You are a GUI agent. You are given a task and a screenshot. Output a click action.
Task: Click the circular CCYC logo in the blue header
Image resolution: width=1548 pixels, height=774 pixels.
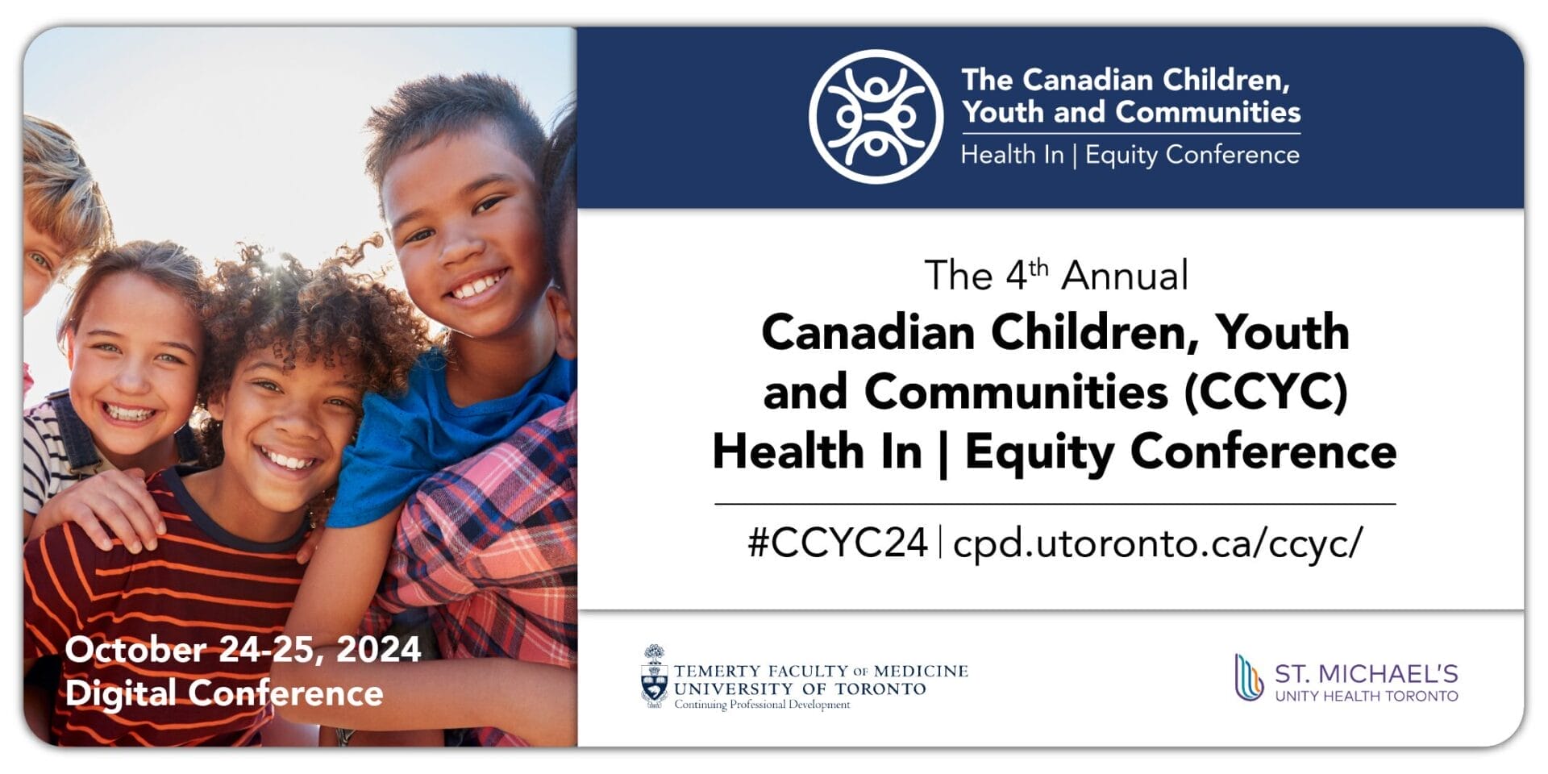876,117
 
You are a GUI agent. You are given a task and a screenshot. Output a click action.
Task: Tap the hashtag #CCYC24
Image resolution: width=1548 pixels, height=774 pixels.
837,543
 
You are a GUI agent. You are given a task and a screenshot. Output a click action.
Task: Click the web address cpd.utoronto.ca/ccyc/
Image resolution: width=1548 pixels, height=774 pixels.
1158,543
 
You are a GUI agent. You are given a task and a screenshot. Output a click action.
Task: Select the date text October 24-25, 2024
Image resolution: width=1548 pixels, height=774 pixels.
243,650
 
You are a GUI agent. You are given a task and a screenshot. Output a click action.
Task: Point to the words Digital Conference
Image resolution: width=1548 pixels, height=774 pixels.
224,693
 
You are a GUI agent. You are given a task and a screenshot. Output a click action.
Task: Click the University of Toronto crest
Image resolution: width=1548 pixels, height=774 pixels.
654,677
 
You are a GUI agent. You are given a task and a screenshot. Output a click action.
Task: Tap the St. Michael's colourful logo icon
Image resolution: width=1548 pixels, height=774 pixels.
1248,677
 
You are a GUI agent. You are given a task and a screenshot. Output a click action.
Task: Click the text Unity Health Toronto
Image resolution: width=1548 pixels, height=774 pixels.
1366,696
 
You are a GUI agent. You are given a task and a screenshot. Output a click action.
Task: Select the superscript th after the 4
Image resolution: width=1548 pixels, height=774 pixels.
1039,267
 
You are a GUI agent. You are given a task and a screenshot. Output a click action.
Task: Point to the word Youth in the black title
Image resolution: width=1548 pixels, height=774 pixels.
1282,332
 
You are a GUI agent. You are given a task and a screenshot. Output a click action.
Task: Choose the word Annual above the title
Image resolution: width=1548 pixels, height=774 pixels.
1125,277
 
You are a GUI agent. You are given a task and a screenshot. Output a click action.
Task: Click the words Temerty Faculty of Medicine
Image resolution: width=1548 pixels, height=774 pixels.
820,671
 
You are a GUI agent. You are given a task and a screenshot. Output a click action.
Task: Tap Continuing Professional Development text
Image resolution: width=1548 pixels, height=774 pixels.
762,705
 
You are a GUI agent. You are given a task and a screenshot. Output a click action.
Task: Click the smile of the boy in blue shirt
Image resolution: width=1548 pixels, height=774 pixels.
477,285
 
